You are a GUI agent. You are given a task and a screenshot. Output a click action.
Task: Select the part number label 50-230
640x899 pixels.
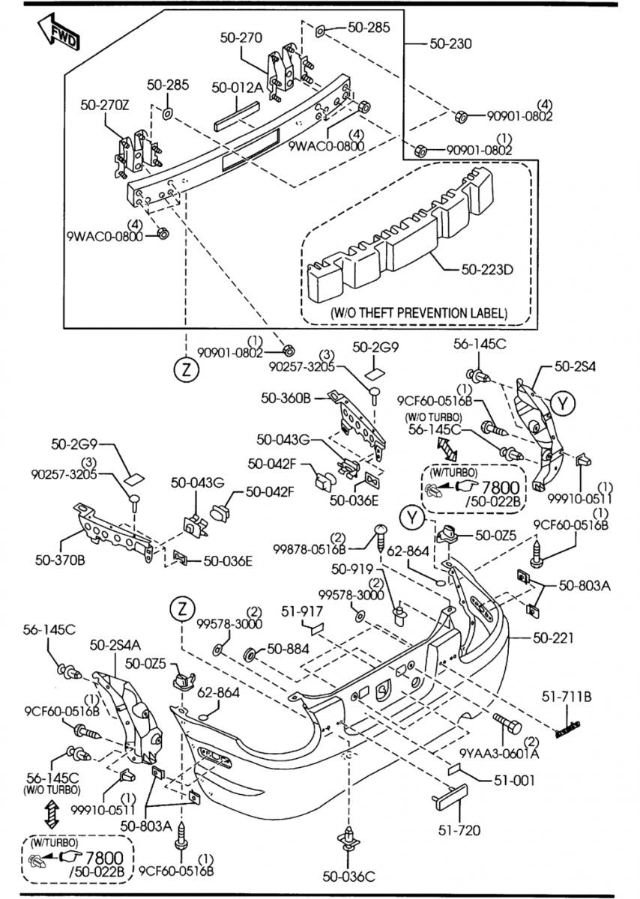pos(450,43)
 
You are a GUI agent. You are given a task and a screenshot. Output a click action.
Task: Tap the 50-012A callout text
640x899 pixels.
pos(237,88)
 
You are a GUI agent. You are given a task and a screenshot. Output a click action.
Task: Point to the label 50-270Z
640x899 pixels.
pos(105,105)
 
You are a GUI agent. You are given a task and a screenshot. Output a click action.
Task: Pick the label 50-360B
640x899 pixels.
pos(285,399)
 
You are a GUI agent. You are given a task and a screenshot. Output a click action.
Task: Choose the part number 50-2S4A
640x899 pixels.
pos(115,644)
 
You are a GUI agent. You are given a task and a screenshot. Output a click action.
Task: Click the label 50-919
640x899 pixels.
pos(348,569)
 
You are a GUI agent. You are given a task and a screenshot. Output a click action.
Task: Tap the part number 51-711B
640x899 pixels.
pos(567,697)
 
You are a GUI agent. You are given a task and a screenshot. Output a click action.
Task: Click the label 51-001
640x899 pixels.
pos(514,780)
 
